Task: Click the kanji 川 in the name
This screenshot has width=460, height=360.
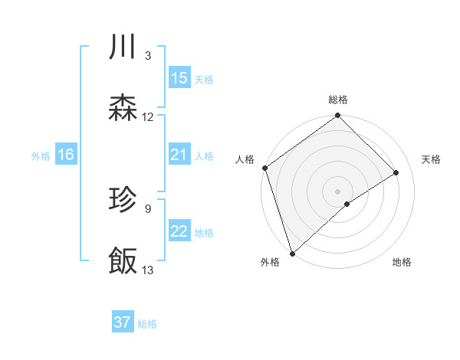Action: click(123, 48)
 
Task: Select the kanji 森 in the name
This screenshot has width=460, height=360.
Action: click(123, 110)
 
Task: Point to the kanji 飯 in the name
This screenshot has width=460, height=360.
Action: click(123, 261)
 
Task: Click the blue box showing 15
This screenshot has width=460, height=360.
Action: click(179, 78)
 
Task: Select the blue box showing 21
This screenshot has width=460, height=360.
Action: click(179, 155)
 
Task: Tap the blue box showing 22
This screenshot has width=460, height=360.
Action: click(179, 232)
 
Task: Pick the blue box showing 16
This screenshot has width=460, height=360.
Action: click(65, 155)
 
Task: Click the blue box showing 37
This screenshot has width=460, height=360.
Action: click(123, 322)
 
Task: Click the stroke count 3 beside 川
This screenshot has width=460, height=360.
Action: click(147, 56)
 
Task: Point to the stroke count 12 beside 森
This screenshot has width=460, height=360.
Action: click(148, 117)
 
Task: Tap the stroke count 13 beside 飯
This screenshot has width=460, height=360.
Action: click(148, 270)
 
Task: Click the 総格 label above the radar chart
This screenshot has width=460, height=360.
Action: click(338, 100)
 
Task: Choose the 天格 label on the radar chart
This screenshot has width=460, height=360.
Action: click(431, 159)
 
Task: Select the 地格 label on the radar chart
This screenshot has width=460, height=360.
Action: click(402, 262)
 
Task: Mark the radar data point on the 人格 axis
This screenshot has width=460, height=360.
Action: click(264, 168)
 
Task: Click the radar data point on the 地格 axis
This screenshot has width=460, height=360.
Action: click(347, 204)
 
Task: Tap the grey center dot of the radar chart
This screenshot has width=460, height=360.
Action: click(338, 191)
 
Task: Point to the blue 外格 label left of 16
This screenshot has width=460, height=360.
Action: click(41, 156)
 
